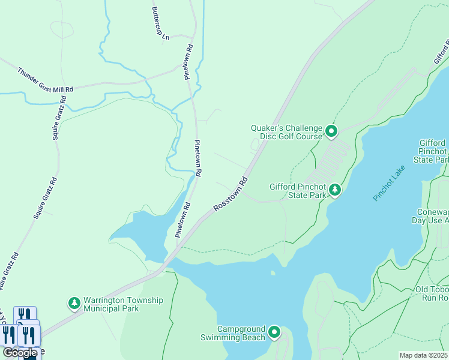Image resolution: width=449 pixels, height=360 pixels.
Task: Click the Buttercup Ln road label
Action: click(161, 25)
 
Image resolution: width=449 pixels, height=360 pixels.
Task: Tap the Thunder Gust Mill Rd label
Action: click(45, 80)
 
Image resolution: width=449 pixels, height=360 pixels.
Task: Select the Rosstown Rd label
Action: click(231, 193)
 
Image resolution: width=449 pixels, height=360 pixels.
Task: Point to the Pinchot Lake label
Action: click(389, 182)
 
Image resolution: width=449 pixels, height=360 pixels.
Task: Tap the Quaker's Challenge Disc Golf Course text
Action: click(288, 131)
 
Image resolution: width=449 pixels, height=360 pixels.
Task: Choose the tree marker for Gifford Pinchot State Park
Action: click(335, 191)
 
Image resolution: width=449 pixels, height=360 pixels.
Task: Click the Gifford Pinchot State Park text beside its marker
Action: click(298, 191)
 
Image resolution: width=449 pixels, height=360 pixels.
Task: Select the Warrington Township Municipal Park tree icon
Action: click(74, 304)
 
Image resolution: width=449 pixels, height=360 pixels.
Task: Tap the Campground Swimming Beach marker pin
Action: click(274, 332)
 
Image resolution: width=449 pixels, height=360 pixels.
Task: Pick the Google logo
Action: click(20, 353)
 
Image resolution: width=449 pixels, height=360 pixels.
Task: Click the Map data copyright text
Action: click(424, 355)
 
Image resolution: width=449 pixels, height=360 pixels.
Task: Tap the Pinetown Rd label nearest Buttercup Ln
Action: click(188, 62)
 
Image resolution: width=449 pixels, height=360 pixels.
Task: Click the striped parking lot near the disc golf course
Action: click(330, 161)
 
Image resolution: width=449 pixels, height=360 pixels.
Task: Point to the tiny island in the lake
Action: click(273, 274)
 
